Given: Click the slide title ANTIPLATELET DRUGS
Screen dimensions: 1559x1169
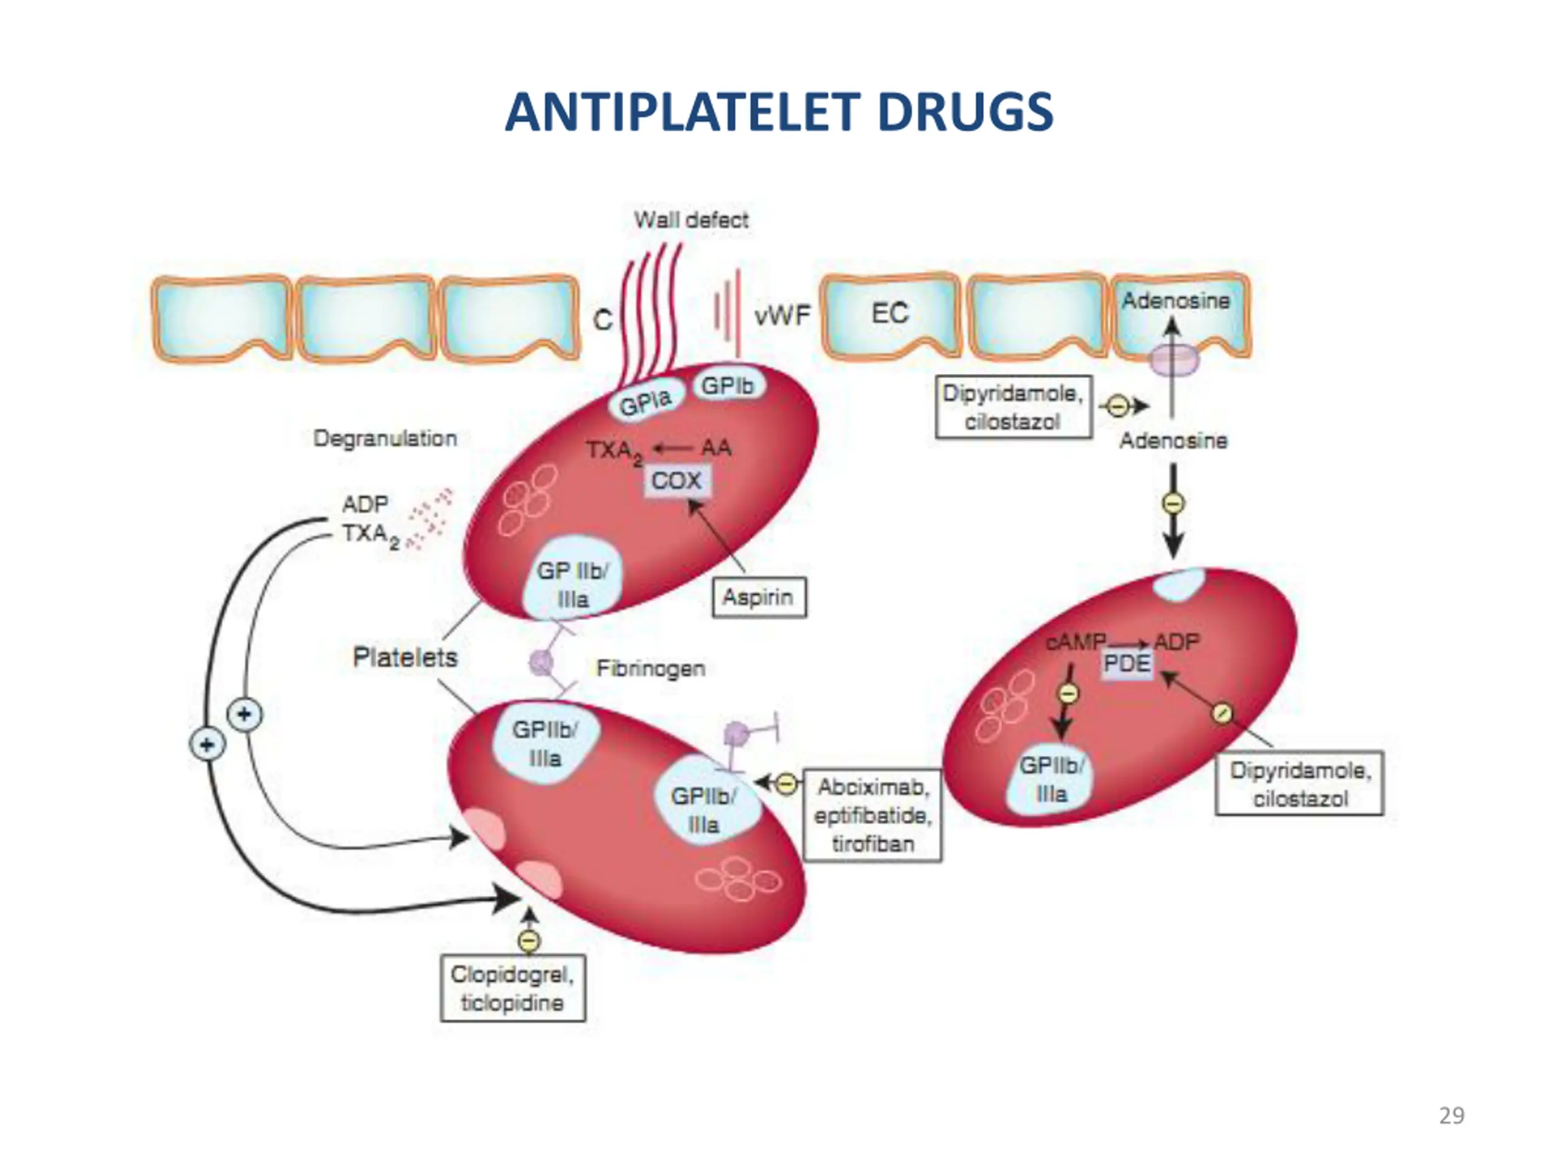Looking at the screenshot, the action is tap(779, 112).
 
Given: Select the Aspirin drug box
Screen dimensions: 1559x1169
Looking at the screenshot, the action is tap(759, 597).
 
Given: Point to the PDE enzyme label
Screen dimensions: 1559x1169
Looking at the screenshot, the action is tap(1127, 663).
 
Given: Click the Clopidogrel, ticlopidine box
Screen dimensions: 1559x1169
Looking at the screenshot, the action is tap(512, 988).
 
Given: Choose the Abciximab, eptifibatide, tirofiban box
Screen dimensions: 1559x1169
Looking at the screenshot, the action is tap(873, 815).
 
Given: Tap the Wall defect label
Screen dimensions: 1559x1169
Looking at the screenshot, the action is tap(691, 220).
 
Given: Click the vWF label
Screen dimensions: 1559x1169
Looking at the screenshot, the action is tap(783, 315).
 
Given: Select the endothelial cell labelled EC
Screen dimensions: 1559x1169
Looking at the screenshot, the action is tap(890, 315).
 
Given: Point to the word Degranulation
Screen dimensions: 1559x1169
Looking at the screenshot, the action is tap(385, 438).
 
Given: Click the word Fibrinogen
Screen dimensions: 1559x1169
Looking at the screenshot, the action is tap(650, 668).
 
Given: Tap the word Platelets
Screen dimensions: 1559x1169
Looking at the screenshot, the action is tap(404, 658).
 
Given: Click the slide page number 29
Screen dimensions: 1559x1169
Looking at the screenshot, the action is tap(1451, 1115).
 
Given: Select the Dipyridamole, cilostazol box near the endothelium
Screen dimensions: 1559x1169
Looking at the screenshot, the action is tap(1013, 407).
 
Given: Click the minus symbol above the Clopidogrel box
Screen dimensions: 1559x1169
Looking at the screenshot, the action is tap(529, 941).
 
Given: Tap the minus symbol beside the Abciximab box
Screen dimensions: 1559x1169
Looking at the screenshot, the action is tap(787, 783).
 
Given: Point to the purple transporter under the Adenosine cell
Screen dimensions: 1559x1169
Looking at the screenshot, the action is tap(1174, 360).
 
